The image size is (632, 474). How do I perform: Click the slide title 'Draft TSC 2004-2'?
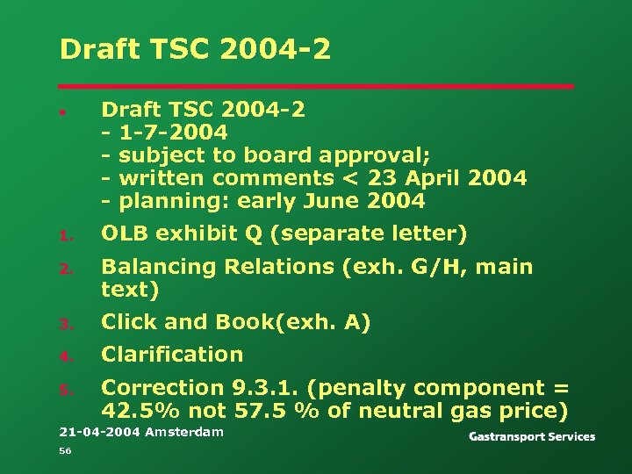(x=195, y=49)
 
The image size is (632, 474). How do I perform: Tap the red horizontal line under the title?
(x=316, y=86)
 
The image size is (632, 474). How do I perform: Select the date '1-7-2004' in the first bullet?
(x=173, y=133)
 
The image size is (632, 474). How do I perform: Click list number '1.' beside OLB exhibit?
(x=64, y=235)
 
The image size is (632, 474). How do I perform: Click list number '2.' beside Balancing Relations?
(x=64, y=269)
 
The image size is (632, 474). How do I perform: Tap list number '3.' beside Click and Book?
(x=64, y=325)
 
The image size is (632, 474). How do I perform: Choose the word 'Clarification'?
(x=172, y=355)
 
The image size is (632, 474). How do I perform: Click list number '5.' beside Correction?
(x=64, y=390)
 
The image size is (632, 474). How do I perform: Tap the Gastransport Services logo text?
(x=532, y=436)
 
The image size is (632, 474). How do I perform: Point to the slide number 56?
(x=65, y=451)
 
